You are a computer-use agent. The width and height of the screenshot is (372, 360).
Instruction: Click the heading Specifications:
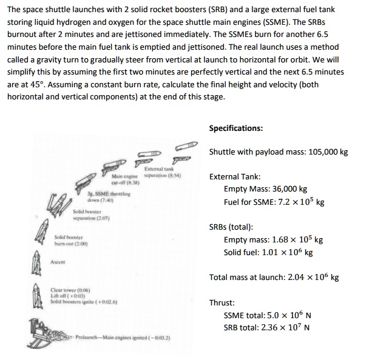coord(236,128)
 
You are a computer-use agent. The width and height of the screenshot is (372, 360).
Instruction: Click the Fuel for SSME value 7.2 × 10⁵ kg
coord(308,201)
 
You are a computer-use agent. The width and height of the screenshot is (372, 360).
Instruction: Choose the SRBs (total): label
coord(231,227)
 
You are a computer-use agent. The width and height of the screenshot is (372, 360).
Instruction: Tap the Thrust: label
coord(222,302)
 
